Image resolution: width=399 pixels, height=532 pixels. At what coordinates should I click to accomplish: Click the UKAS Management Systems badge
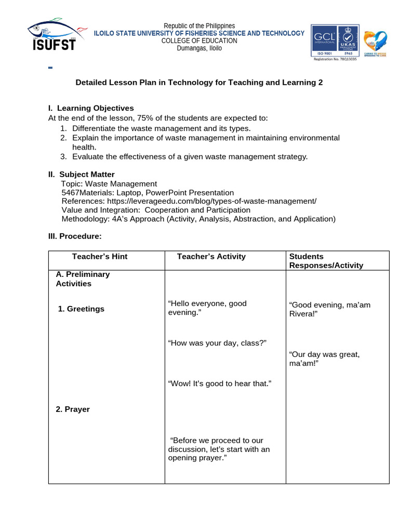tap(347, 41)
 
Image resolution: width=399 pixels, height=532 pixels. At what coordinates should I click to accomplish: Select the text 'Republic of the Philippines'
tap(199, 26)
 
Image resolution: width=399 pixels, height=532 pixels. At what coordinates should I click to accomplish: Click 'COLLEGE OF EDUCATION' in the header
tap(199, 41)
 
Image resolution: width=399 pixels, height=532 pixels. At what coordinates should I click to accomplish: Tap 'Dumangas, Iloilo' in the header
tap(199, 48)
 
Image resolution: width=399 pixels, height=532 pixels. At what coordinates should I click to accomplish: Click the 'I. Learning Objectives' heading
tap(91, 108)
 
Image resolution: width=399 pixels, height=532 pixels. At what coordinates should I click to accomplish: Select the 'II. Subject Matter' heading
tap(82, 175)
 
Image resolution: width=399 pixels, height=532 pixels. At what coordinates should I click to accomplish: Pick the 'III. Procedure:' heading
tap(75, 236)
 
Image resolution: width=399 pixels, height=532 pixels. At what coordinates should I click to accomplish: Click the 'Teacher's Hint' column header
tap(99, 257)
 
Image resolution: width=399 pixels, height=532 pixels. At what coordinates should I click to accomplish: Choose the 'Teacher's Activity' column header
tap(211, 257)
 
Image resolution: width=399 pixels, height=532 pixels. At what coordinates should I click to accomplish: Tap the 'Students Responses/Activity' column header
tap(326, 261)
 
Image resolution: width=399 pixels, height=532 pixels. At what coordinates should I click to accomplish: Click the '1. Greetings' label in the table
tap(81, 309)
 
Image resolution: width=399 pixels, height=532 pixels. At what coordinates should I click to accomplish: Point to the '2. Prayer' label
tap(73, 409)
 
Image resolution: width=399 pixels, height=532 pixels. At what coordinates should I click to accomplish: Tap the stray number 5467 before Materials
tap(70, 193)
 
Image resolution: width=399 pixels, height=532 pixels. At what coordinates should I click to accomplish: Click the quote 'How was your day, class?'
tap(217, 343)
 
